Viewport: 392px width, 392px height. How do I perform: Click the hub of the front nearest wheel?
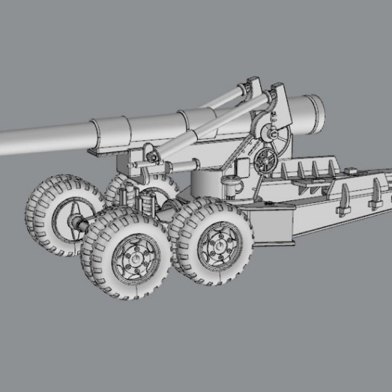point(135,259)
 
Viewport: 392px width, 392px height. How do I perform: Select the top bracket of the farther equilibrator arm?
point(252,86)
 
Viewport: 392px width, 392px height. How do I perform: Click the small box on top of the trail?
point(351,171)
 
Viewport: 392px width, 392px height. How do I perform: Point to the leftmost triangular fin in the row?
point(284,171)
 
